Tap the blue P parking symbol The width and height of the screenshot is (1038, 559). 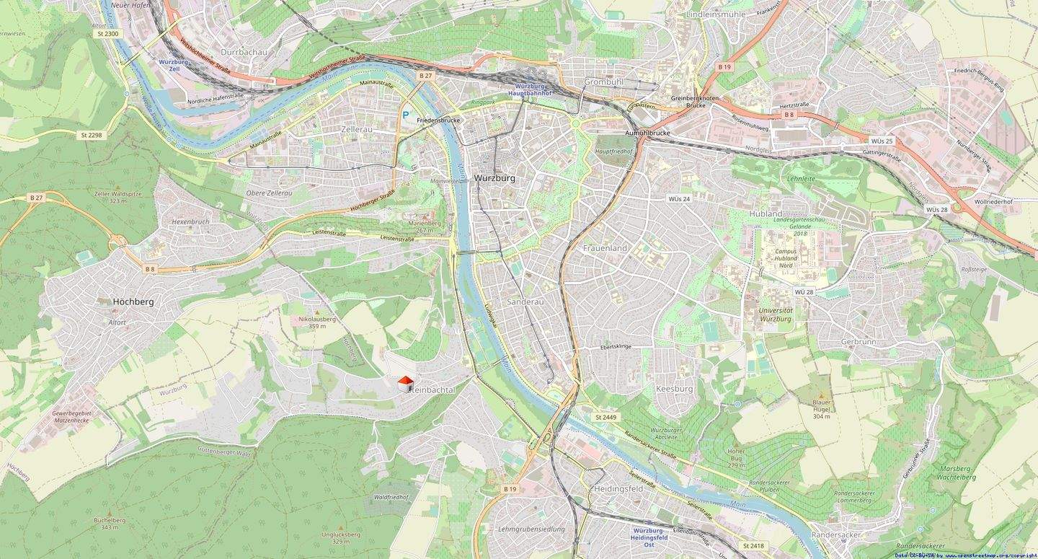(406, 114)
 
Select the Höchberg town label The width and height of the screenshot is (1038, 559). (133, 301)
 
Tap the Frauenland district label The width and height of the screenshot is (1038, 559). (605, 247)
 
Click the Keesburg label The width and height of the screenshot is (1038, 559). (674, 389)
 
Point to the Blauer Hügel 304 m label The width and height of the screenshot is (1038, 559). (822, 409)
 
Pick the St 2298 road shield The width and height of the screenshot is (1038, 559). (90, 135)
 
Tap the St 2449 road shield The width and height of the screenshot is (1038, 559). (607, 417)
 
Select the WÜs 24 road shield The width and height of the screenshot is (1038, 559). (679, 198)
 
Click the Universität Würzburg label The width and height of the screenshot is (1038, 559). (776, 314)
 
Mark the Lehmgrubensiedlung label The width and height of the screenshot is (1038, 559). (531, 529)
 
